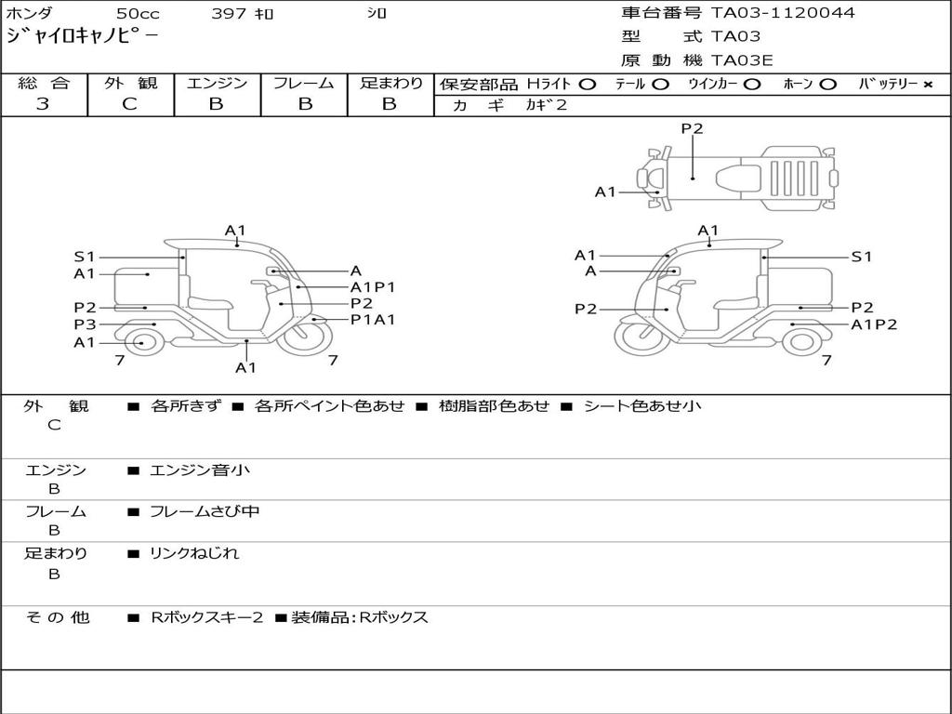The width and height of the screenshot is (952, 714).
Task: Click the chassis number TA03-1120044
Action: click(783, 13)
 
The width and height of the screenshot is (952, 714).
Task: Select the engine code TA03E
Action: click(742, 60)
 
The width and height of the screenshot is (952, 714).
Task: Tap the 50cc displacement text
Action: click(138, 14)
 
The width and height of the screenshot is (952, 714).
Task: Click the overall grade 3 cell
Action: click(43, 104)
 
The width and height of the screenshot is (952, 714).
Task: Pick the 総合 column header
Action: click(44, 84)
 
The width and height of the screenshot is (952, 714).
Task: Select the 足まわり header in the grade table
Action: click(390, 84)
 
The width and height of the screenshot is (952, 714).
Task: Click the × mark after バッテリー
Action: click(927, 85)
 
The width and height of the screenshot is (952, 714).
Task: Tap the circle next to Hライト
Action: click(587, 85)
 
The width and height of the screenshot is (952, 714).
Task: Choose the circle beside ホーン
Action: click(827, 85)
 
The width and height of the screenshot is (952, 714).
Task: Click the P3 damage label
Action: click(85, 324)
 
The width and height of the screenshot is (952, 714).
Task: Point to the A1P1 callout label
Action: click(373, 287)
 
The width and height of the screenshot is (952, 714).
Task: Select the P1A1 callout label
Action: click(373, 320)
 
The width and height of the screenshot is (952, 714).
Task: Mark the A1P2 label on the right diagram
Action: click(874, 324)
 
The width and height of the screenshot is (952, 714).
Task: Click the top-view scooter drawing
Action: click(734, 175)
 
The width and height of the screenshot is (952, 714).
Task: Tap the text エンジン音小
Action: click(199, 470)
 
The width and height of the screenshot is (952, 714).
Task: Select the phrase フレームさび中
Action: click(205, 511)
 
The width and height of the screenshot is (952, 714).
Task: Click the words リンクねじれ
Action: click(194, 553)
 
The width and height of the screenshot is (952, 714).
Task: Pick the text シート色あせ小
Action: click(641, 406)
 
